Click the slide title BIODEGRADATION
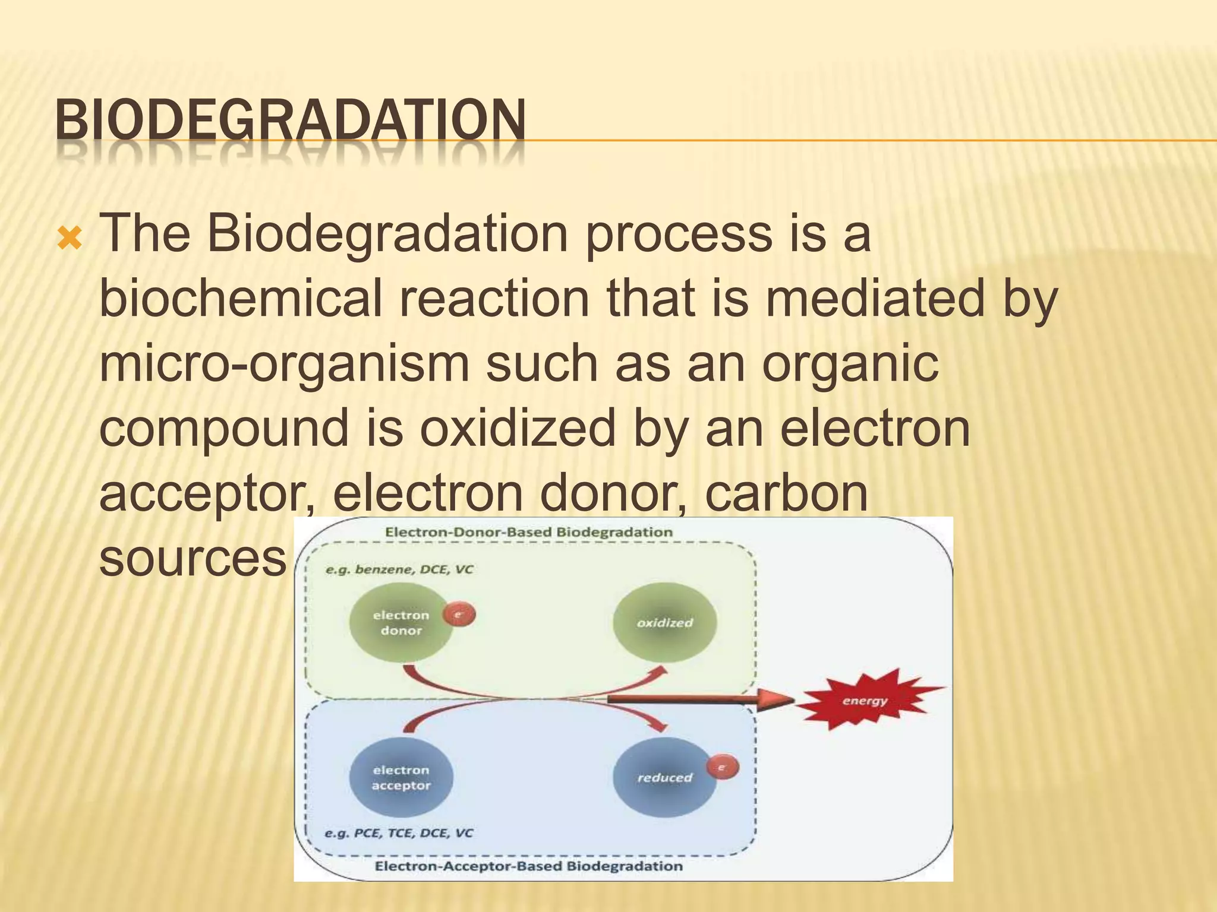click(290, 120)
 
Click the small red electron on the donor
click(459, 614)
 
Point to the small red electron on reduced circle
click(723, 768)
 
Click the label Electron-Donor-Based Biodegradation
click(528, 532)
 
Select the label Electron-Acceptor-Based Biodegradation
click(528, 866)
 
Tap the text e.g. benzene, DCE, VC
click(399, 570)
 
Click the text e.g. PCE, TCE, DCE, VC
click(399, 833)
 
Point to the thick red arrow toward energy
click(701, 700)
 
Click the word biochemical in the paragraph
click(240, 299)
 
